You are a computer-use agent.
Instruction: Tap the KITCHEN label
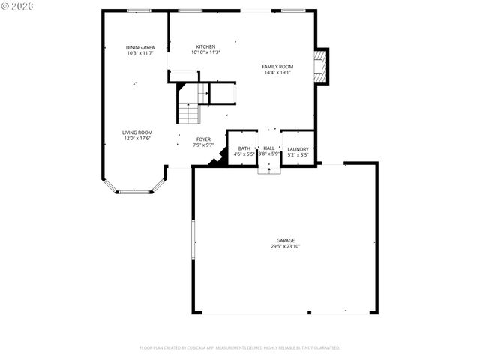(x=205, y=46)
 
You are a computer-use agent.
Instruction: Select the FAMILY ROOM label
(x=277, y=67)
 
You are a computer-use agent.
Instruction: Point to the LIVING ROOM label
(x=137, y=133)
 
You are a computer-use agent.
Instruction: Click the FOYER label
(x=203, y=139)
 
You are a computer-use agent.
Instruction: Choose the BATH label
(x=244, y=148)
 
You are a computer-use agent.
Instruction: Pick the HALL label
(x=268, y=148)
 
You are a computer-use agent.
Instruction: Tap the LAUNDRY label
(x=298, y=149)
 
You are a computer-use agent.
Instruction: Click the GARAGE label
(x=285, y=241)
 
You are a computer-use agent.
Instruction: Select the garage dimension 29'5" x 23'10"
(x=285, y=246)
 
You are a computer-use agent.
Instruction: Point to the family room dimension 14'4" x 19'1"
(x=277, y=73)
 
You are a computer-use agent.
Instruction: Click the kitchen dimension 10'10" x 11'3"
(x=205, y=52)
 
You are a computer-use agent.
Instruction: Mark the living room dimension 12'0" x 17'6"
(x=137, y=139)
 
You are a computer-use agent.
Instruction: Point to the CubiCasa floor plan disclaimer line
(x=240, y=347)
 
